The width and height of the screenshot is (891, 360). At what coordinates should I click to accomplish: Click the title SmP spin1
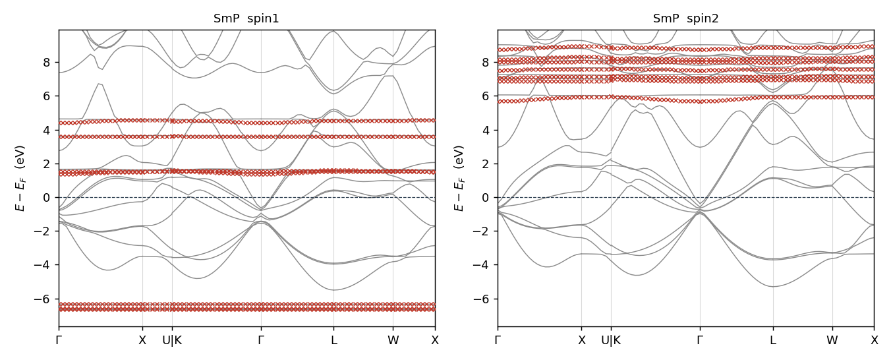pos(246,18)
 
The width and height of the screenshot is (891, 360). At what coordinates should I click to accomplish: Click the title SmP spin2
pos(686,18)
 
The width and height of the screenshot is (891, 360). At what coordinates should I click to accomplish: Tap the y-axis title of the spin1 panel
pos(20,178)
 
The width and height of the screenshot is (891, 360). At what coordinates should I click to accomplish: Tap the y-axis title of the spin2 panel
pos(459,178)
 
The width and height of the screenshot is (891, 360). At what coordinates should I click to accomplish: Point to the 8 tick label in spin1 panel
pos(47,63)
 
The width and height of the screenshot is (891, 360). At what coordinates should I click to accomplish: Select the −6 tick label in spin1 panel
pos(43,299)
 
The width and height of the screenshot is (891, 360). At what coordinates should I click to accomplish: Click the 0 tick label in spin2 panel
pos(486,198)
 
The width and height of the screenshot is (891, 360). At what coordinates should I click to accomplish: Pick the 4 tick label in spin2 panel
pos(486,130)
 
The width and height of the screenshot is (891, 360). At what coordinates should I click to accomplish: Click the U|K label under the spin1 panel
pos(172,340)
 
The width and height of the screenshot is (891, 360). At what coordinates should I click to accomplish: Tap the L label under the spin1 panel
pos(333,340)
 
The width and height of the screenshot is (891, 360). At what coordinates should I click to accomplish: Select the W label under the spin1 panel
pos(393,340)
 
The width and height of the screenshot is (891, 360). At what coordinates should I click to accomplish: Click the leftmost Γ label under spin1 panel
pos(59,340)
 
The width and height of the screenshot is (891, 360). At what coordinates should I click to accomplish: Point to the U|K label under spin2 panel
pos(611,340)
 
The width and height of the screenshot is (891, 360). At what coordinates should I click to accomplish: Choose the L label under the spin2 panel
pos(773,340)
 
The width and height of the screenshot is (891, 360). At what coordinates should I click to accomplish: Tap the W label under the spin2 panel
pos(832,340)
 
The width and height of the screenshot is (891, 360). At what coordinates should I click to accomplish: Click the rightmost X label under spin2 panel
pos(875,340)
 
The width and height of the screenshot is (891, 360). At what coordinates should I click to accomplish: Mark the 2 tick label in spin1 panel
pos(47,164)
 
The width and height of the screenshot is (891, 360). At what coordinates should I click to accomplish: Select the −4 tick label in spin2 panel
pos(482,265)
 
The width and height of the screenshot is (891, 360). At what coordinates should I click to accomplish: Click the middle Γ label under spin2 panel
pos(700,340)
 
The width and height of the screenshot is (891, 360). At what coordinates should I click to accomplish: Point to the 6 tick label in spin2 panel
pos(486,96)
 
